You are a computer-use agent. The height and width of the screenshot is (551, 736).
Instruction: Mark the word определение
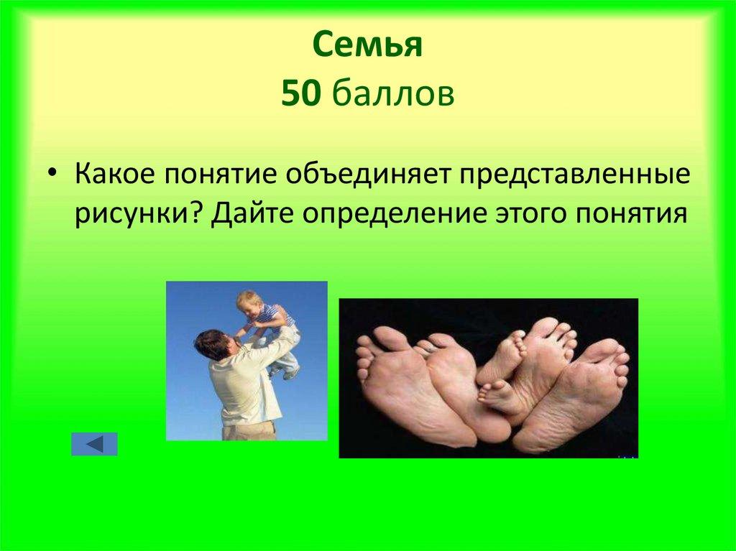[391, 214]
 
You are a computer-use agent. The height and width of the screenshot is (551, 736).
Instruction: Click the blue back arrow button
[94, 444]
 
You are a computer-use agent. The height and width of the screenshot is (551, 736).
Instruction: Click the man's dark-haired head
[211, 343]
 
